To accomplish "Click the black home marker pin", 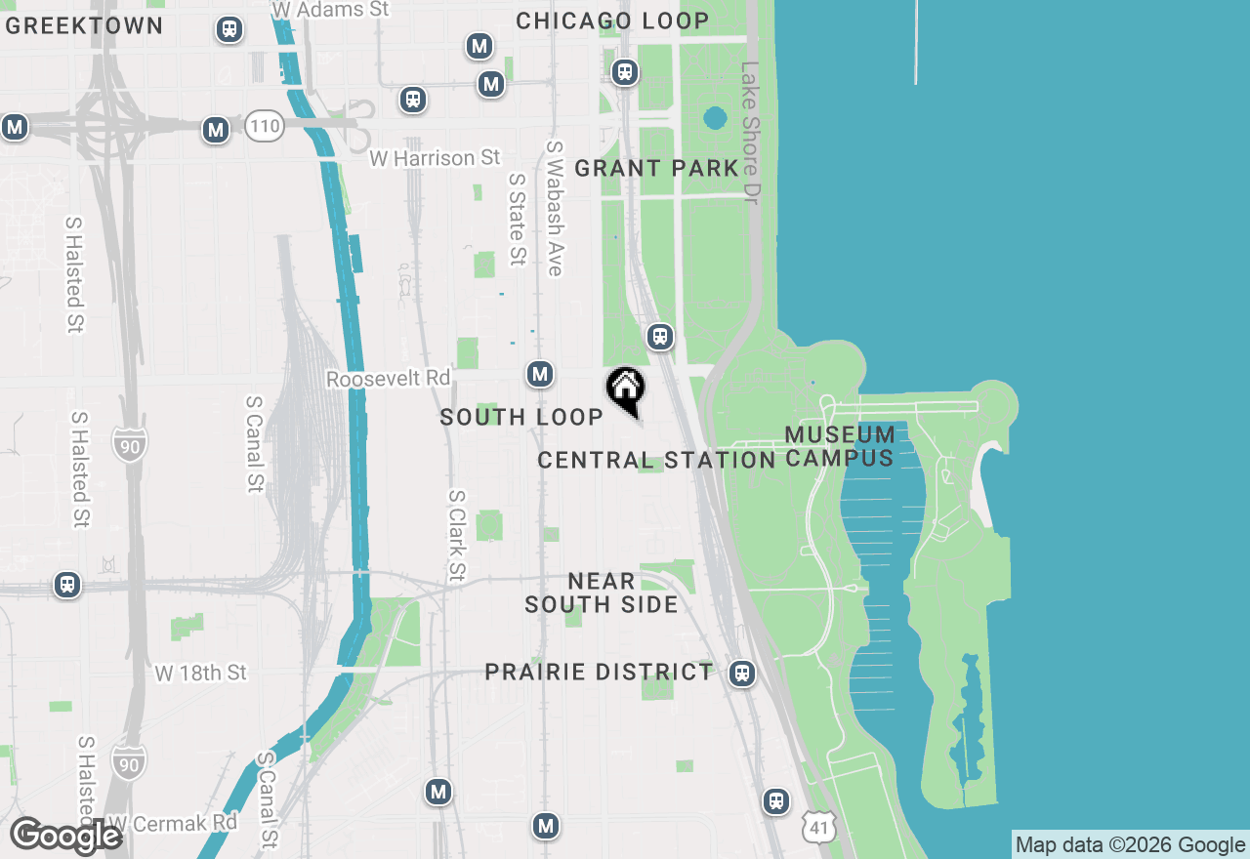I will (x=625, y=389).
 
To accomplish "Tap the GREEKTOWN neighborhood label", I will (x=84, y=25).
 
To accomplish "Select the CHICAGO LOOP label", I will (x=612, y=20).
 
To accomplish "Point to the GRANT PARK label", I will (x=656, y=168).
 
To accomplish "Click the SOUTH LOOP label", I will (x=521, y=417).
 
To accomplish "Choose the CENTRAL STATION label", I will (x=656, y=460).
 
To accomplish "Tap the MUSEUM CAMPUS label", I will (x=840, y=446).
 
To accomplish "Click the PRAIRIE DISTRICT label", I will (x=600, y=672).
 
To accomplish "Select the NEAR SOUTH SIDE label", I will (x=602, y=593).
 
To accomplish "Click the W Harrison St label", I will (x=435, y=157).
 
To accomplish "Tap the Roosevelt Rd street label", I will (x=389, y=378).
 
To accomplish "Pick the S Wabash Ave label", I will (x=555, y=208).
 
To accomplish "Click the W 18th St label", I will (x=201, y=673).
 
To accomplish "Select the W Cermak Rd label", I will (x=172, y=823).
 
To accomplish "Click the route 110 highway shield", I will (x=265, y=126).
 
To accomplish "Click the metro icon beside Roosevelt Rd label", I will (x=540, y=374).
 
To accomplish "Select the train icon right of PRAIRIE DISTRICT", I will (x=743, y=674).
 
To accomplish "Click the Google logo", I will (x=66, y=837).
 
